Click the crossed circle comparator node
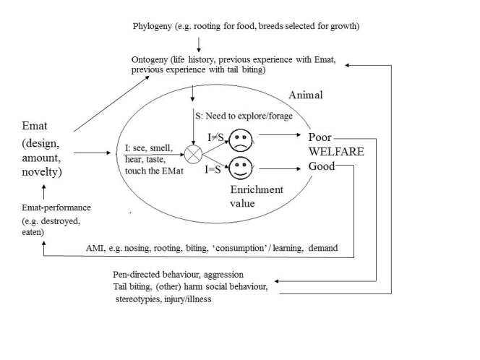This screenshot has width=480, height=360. click(193, 153)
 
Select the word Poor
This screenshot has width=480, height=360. click(320, 137)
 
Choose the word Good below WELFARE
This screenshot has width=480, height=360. click(322, 166)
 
